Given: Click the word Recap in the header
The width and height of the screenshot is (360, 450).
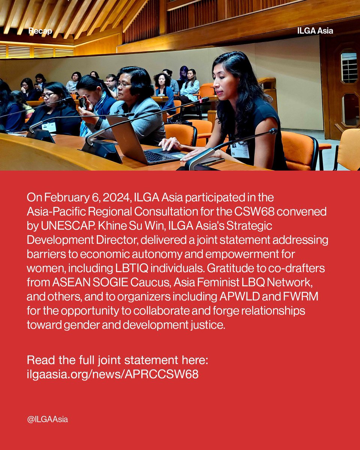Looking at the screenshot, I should [x=40, y=31].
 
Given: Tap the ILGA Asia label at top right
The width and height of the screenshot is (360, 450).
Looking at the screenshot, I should [x=314, y=31].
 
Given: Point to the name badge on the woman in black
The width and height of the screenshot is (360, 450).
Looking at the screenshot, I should [x=240, y=149].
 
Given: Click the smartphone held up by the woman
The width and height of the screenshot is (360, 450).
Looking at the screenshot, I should [x=82, y=102].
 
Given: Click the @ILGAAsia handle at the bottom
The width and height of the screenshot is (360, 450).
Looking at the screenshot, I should [x=47, y=419].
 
